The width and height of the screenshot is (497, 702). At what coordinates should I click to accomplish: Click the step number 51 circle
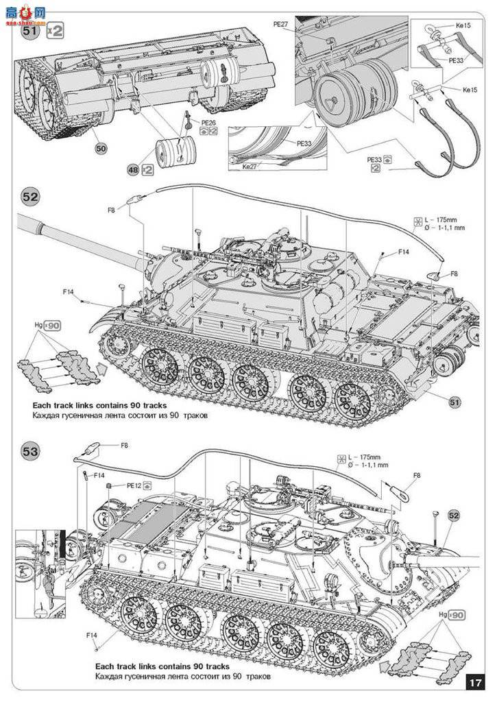click(x=29, y=31)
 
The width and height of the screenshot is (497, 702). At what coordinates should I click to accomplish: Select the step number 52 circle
click(x=31, y=197)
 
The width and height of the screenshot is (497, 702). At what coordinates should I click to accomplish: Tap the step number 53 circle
click(x=31, y=452)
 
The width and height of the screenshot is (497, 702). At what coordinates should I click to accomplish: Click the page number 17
click(x=475, y=683)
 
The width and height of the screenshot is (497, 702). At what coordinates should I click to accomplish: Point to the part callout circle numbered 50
click(x=101, y=148)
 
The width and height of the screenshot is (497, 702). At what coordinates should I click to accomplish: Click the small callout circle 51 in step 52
click(x=452, y=400)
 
